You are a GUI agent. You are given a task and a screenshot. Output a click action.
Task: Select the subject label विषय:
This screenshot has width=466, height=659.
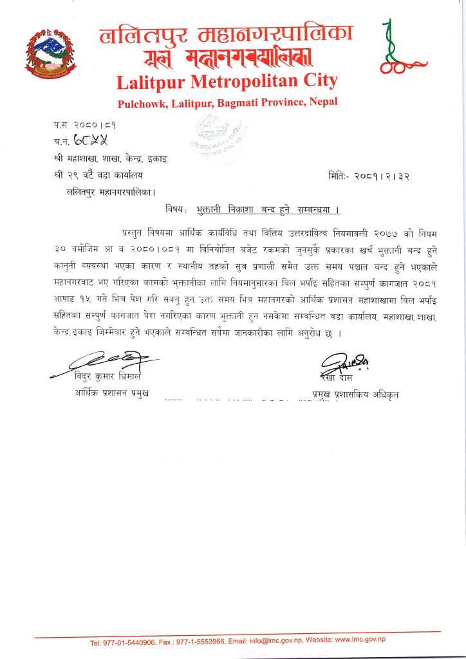coord(176,210)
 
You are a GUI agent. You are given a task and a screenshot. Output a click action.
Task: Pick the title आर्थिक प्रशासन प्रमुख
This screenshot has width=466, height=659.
coord(111,392)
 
